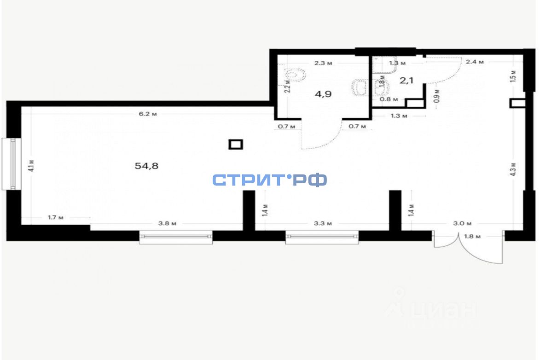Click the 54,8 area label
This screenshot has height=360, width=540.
pyautogui.click(x=146, y=166)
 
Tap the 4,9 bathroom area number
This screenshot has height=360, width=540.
pyautogui.click(x=323, y=94)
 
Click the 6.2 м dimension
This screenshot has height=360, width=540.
pyautogui.click(x=148, y=114)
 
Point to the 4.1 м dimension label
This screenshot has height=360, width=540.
pyautogui.click(x=31, y=165)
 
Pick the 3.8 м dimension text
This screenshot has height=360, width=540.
pyautogui.click(x=167, y=224)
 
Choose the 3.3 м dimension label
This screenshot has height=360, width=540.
pyautogui.click(x=323, y=224)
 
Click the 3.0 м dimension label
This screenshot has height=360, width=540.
pyautogui.click(x=462, y=224)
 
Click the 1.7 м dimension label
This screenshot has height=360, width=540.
pyautogui.click(x=56, y=217)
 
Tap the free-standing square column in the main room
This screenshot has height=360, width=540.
pyautogui.click(x=235, y=145)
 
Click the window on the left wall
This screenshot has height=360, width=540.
pyautogui.click(x=14, y=163)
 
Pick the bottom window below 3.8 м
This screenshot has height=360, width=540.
pyautogui.click(x=176, y=237)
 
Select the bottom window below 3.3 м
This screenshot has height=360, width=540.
pyautogui.click(x=322, y=237)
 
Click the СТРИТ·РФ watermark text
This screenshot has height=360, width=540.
pyautogui.click(x=270, y=180)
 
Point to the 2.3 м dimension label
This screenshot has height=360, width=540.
pyautogui.click(x=323, y=63)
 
